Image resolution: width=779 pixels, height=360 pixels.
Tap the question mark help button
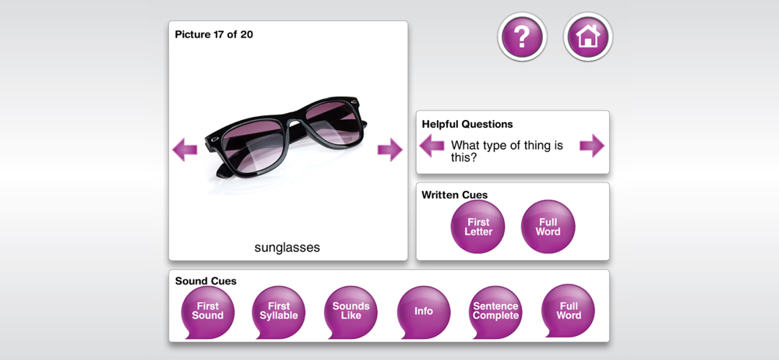(x=522, y=37)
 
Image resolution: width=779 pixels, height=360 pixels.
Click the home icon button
(x=588, y=37)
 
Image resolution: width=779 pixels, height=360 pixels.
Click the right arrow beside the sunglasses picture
(x=390, y=150)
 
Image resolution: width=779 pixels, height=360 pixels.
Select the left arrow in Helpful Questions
(x=432, y=146)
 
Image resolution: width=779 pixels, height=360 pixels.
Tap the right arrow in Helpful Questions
(x=592, y=146)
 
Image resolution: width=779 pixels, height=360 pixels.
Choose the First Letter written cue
(x=478, y=227)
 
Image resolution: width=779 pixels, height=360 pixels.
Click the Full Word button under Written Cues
(x=548, y=227)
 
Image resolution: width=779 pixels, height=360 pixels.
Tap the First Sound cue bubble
(x=208, y=312)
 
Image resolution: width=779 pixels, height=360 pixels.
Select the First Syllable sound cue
(x=279, y=312)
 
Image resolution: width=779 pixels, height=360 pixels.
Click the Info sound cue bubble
(x=424, y=312)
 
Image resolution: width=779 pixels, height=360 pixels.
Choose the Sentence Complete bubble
(x=495, y=312)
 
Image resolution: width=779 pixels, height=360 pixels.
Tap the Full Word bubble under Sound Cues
(x=568, y=312)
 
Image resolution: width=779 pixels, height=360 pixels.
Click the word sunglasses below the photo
(x=287, y=248)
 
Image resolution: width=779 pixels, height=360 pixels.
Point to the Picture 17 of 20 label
(x=214, y=35)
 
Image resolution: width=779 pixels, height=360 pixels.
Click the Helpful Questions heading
(x=467, y=125)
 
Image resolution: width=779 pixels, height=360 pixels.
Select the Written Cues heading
(x=455, y=195)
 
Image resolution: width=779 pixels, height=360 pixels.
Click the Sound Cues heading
(x=206, y=281)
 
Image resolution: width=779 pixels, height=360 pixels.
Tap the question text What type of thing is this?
(x=507, y=152)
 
